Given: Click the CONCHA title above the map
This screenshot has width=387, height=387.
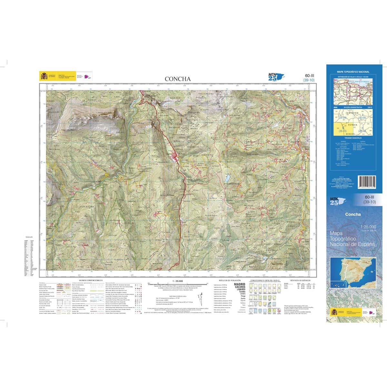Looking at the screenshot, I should click(178, 79).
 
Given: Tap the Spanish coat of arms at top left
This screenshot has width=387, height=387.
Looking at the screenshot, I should click(43, 76).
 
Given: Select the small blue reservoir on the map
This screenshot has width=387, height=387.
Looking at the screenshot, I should click(228, 178).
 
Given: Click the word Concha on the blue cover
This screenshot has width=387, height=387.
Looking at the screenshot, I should click(353, 214).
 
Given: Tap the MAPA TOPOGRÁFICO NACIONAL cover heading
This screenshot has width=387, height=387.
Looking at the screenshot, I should click(353, 72).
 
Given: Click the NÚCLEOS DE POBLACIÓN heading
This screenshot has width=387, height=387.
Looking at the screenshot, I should click(230, 281).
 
